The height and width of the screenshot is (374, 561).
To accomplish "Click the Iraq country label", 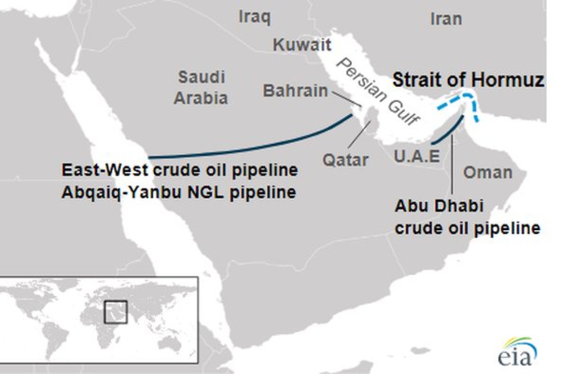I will click(254, 17).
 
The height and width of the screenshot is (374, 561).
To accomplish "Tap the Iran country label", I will click(446, 19).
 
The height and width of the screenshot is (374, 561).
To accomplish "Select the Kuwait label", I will click(302, 46).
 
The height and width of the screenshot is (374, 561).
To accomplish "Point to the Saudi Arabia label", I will click(202, 88).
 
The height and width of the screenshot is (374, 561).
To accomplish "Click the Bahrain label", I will click(295, 91).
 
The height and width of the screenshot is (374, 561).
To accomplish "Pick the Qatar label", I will click(345, 160).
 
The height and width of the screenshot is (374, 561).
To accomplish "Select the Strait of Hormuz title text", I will click(468, 80).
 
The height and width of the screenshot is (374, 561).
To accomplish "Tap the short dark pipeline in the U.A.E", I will click(449, 130).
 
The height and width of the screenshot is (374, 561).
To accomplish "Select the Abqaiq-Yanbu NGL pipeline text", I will click(179, 192).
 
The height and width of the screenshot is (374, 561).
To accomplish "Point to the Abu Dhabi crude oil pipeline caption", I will click(467, 217).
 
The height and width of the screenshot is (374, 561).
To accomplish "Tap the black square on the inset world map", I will click(115, 312).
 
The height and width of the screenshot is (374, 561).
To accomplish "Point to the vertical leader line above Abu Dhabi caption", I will click(452, 167).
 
